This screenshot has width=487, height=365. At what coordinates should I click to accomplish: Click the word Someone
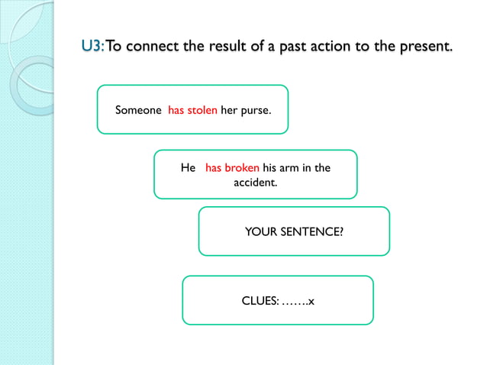(138, 110)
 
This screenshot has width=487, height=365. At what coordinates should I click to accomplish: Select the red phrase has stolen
(192, 110)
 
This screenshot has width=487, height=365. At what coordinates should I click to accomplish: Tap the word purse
(255, 110)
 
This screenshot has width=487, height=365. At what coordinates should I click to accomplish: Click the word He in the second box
(188, 167)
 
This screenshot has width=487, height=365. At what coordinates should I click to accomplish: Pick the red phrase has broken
(232, 167)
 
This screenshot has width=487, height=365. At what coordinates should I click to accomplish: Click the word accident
(255, 183)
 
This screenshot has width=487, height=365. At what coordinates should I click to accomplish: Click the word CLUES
(260, 300)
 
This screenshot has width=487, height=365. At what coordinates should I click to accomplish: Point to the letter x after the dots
(311, 301)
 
